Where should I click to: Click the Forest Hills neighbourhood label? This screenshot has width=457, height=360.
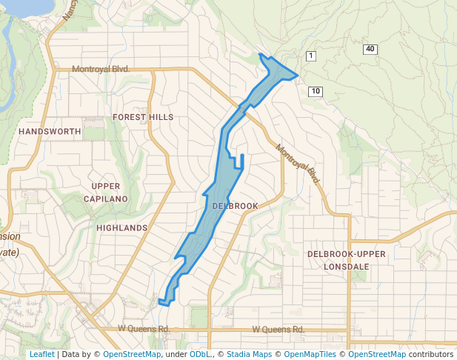click(x=143, y=117)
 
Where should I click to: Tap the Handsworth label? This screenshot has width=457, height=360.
click(x=50, y=131)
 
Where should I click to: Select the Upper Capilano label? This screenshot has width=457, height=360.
click(x=110, y=192)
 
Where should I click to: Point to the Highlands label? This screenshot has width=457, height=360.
click(x=122, y=227)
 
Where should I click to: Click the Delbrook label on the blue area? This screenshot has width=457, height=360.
click(x=235, y=205)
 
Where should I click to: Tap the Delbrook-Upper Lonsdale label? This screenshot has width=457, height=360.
click(x=347, y=260)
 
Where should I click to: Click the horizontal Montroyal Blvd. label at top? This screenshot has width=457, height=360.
click(x=101, y=69)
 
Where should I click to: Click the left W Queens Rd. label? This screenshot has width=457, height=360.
click(x=144, y=328)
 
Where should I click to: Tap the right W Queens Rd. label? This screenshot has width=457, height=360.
click(x=278, y=329)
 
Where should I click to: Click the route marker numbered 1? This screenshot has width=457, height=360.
click(x=311, y=56)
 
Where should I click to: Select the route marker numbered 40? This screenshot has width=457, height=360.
click(x=370, y=49)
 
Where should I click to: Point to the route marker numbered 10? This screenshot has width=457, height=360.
click(x=316, y=91)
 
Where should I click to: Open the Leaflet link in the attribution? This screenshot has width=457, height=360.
click(x=41, y=354)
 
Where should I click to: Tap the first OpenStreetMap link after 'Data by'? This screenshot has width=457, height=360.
click(x=132, y=354)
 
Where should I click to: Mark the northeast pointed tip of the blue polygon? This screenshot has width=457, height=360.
click(x=297, y=74)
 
